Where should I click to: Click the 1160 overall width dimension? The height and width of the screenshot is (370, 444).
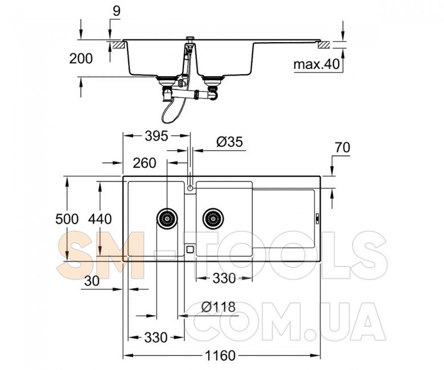coord(220,356)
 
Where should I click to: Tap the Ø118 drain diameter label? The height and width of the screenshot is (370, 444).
coord(219,307)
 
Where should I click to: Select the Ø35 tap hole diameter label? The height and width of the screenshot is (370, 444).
coord(229,142)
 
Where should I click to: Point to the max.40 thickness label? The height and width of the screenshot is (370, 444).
coord(316,64)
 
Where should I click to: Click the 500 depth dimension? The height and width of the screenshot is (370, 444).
coord(67,219)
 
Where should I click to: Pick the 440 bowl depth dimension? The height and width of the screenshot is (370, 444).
coord(100,219)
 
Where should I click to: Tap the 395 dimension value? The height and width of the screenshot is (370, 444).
coord(157,137)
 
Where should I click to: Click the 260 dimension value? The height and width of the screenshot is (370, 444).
coord(145,163)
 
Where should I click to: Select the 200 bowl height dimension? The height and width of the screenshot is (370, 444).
coord(81,59)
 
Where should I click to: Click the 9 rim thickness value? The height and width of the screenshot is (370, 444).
coord(116,11)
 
